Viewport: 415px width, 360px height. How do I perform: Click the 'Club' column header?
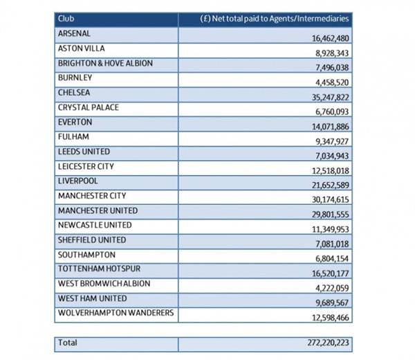(x=66, y=19)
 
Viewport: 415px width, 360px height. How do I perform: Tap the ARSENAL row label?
(x=74, y=33)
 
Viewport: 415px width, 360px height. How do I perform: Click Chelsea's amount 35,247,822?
(x=331, y=97)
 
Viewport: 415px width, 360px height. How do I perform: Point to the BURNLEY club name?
(x=75, y=78)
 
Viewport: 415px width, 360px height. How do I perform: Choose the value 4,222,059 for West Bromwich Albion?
(x=332, y=288)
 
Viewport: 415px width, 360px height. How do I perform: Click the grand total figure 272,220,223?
(x=328, y=343)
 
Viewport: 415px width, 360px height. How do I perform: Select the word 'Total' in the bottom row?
(x=68, y=343)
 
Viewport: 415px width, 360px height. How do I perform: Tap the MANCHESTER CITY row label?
(x=92, y=196)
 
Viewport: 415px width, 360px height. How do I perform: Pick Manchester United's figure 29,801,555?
(x=331, y=215)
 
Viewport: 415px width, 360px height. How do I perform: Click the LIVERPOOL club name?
(x=77, y=181)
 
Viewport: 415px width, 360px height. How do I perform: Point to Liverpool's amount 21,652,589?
(x=331, y=185)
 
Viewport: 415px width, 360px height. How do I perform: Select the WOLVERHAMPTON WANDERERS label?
(x=116, y=313)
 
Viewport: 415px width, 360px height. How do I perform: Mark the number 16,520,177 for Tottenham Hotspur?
(x=331, y=273)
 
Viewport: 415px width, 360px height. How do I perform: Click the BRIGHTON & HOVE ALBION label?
(x=105, y=63)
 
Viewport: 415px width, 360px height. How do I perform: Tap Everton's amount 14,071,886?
(x=331, y=127)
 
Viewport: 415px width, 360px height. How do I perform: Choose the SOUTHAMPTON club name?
(x=86, y=255)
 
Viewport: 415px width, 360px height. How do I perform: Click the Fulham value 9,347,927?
(x=332, y=141)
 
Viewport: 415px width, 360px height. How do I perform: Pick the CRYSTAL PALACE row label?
(x=89, y=107)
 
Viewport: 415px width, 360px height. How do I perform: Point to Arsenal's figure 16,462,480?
(x=331, y=38)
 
